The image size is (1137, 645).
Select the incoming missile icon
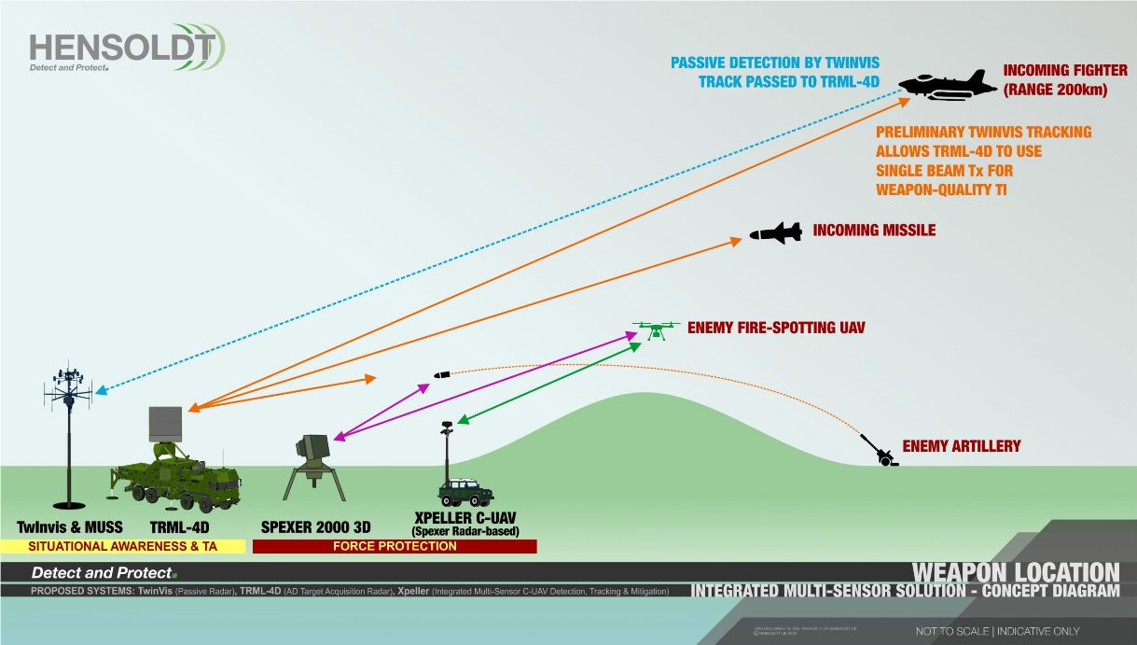(x=775, y=233)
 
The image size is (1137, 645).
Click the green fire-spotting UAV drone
(x=657, y=329)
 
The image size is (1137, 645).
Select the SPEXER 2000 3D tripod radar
(x=312, y=465)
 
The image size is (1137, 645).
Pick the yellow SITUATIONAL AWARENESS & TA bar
(x=123, y=546)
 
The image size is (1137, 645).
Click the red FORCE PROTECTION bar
(x=395, y=546)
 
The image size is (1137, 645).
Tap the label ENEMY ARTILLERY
(x=961, y=446)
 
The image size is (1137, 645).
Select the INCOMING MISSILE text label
(x=874, y=230)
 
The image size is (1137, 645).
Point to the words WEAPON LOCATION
(x=1015, y=572)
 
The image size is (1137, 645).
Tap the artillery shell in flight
(x=441, y=375)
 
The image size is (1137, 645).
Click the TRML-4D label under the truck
(x=181, y=527)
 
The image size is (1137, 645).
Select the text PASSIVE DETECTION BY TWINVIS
(x=775, y=63)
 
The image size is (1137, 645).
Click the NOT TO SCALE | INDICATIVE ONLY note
(x=997, y=632)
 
